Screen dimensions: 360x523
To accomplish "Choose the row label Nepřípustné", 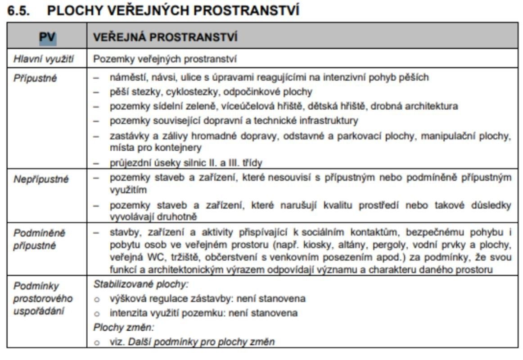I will (x=35, y=179).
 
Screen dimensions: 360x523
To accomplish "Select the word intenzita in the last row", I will (x=126, y=313).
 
